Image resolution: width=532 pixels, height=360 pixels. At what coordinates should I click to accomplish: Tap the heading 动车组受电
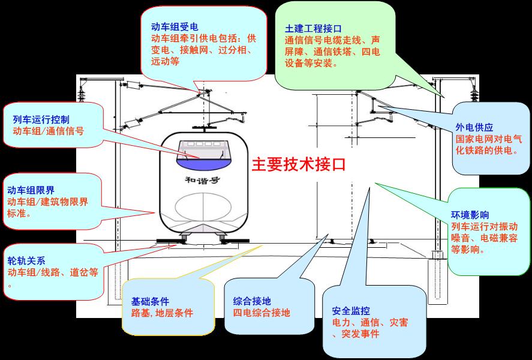pos(174,27)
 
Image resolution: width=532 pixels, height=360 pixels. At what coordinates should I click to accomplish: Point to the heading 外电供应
pos(473,127)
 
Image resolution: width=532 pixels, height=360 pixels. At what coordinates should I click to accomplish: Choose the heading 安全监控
pos(350,310)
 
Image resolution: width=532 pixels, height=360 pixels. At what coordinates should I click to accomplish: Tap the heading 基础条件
pos(150,301)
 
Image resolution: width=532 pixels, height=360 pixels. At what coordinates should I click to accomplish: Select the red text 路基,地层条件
pos(162,313)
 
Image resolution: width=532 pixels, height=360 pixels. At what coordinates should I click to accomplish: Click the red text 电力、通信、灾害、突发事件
pos(368,328)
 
